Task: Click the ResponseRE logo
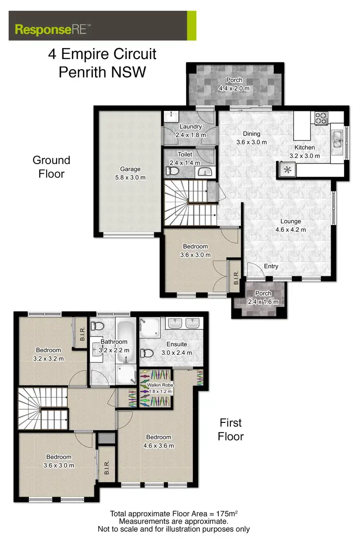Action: point(51,28)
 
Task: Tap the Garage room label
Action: point(130,173)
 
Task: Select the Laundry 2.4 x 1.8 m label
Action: point(190,131)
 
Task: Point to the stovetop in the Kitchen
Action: point(320,117)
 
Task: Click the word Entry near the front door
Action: point(271,266)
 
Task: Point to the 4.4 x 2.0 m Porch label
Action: point(234,84)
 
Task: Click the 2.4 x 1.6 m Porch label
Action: point(263,297)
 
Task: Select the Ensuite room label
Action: point(177,348)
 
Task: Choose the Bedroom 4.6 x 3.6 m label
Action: point(158,441)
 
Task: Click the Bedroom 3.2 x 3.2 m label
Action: point(48,354)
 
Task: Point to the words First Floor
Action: point(230,430)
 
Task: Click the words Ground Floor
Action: point(51,167)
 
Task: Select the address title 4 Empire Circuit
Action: point(102,54)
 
